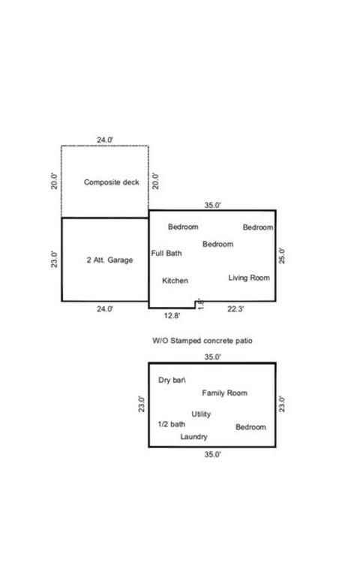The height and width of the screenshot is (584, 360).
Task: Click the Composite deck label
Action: (x=111, y=182)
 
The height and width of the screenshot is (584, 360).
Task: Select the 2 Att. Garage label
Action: (x=109, y=260)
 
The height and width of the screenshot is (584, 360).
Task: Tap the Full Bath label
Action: (x=166, y=253)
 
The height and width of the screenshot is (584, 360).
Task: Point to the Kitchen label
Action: (x=175, y=281)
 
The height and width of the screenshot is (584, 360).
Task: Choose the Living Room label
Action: (x=249, y=278)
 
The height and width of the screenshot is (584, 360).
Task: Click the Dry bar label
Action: (x=172, y=380)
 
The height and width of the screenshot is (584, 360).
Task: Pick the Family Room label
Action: (x=224, y=393)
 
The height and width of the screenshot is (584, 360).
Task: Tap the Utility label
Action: (x=201, y=414)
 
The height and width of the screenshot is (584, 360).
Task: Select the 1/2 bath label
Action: (x=172, y=424)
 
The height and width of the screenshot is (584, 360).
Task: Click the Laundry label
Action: (x=193, y=437)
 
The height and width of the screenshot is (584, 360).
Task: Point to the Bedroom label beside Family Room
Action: (x=251, y=427)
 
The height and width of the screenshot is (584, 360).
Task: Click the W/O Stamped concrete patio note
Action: (x=202, y=341)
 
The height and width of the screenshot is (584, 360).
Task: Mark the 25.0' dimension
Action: (x=282, y=256)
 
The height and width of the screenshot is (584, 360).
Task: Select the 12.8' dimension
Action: (x=172, y=316)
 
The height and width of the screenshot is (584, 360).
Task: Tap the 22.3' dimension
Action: (x=236, y=309)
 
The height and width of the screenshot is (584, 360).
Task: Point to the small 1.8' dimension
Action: (x=200, y=304)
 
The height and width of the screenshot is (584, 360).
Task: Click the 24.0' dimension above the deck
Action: (x=105, y=140)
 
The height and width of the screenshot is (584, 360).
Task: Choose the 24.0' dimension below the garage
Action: (x=105, y=309)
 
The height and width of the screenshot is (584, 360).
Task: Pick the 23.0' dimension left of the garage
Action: (x=55, y=260)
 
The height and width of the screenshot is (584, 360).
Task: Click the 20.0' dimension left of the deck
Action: (x=55, y=182)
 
